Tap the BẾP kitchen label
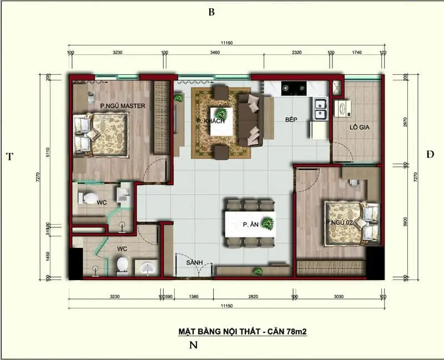click(292, 119)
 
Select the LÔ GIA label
click(359, 127)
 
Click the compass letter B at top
click(211, 12)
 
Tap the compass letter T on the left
click(9, 156)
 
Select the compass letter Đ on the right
click(431, 154)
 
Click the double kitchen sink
click(320, 109)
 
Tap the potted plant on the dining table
click(268, 223)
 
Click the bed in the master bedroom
click(103, 134)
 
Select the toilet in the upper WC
click(88, 197)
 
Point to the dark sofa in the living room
click(250, 119)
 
